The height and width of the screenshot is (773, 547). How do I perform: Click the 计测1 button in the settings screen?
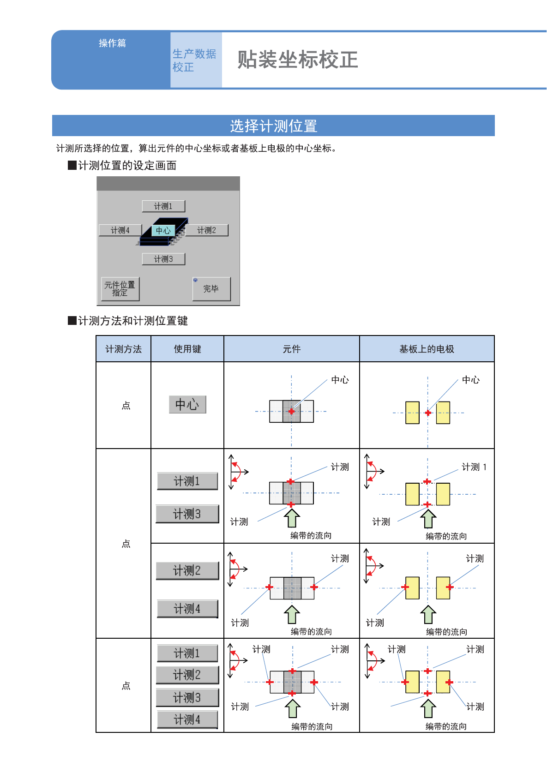(163, 206)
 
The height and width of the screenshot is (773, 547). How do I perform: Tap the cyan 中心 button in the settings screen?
(163, 230)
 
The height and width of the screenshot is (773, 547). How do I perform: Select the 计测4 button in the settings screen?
(120, 230)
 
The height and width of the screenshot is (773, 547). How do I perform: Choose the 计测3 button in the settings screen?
(163, 259)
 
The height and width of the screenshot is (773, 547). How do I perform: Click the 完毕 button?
(211, 289)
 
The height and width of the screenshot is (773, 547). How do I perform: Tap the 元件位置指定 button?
(120, 289)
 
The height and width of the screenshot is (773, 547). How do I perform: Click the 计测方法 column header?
(123, 349)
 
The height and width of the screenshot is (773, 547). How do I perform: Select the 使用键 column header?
(187, 349)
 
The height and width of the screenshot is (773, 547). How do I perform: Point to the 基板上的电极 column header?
(427, 349)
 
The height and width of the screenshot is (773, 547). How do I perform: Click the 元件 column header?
(292, 349)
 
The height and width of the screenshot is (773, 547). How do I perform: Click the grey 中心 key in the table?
(187, 405)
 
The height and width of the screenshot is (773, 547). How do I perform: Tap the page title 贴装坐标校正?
(298, 60)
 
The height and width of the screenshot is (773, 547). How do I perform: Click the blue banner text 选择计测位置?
(273, 126)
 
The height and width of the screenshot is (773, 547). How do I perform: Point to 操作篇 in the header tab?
(112, 43)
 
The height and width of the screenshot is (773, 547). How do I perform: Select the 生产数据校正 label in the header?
(194, 60)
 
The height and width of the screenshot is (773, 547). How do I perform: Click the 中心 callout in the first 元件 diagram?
(340, 380)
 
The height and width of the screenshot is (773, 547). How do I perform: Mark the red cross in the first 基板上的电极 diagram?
(428, 413)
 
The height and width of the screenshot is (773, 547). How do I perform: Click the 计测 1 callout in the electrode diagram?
(474, 467)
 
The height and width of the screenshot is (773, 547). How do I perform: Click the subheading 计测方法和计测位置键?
(132, 321)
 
